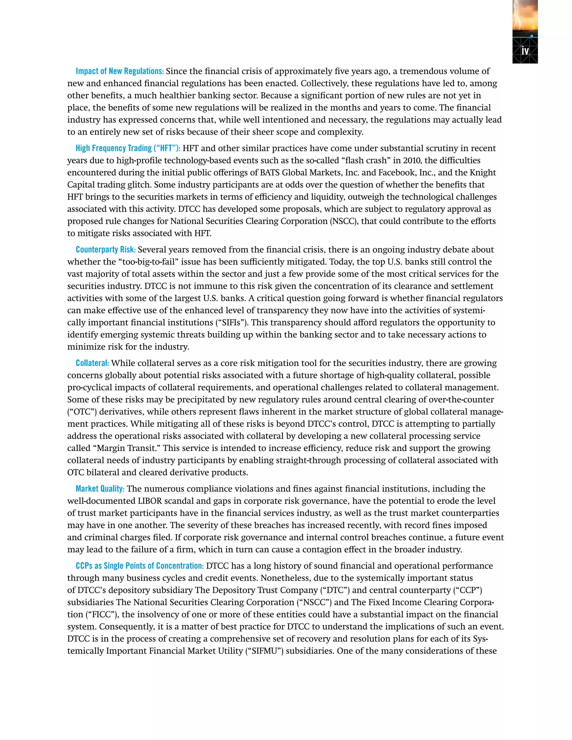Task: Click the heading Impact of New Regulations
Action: click(x=120, y=71)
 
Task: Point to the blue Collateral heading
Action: click(x=92, y=363)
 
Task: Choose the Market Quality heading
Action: click(x=100, y=489)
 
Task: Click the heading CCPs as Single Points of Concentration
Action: click(x=140, y=566)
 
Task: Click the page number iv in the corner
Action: click(x=525, y=51)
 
